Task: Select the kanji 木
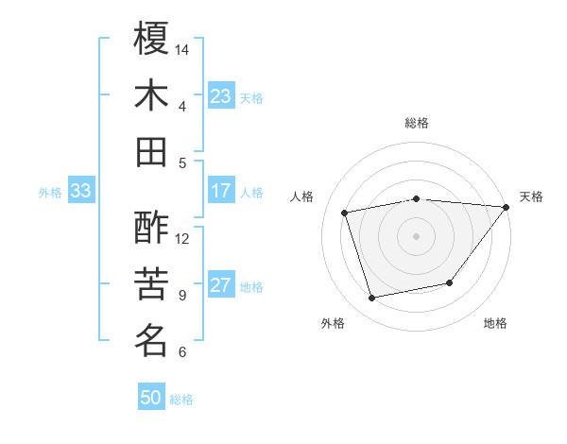pyautogui.click(x=151, y=95)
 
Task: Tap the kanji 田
pyautogui.click(x=151, y=151)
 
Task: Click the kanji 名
pyautogui.click(x=151, y=340)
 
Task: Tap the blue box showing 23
pyautogui.click(x=221, y=96)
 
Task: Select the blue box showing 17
pyautogui.click(x=221, y=191)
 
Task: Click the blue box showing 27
pyautogui.click(x=221, y=285)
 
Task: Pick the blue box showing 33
pyautogui.click(x=80, y=191)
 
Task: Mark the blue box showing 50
pyautogui.click(x=151, y=398)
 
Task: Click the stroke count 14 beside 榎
pyautogui.click(x=182, y=49)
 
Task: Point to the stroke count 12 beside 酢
pyautogui.click(x=182, y=238)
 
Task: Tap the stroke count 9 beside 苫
pyautogui.click(x=182, y=295)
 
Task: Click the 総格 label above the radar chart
pyautogui.click(x=416, y=123)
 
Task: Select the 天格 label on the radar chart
pyautogui.click(x=531, y=196)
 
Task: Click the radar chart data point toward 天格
pyautogui.click(x=506, y=207)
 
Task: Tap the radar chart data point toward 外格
pyautogui.click(x=372, y=299)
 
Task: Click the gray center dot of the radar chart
pyautogui.click(x=416, y=235)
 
